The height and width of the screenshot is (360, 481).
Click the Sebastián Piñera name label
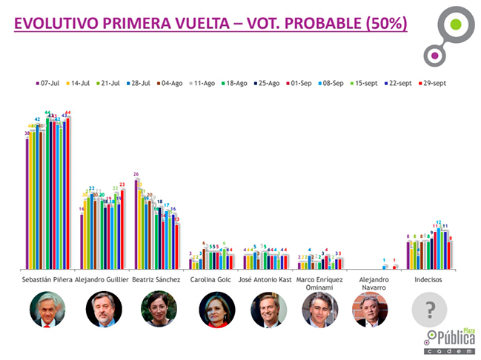(x=49, y=281)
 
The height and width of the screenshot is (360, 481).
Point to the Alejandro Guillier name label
(x=104, y=281)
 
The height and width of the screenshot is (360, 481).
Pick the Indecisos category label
(x=425, y=281)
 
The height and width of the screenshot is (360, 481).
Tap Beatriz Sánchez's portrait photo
(x=159, y=310)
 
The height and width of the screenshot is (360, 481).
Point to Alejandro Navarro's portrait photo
(x=369, y=310)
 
